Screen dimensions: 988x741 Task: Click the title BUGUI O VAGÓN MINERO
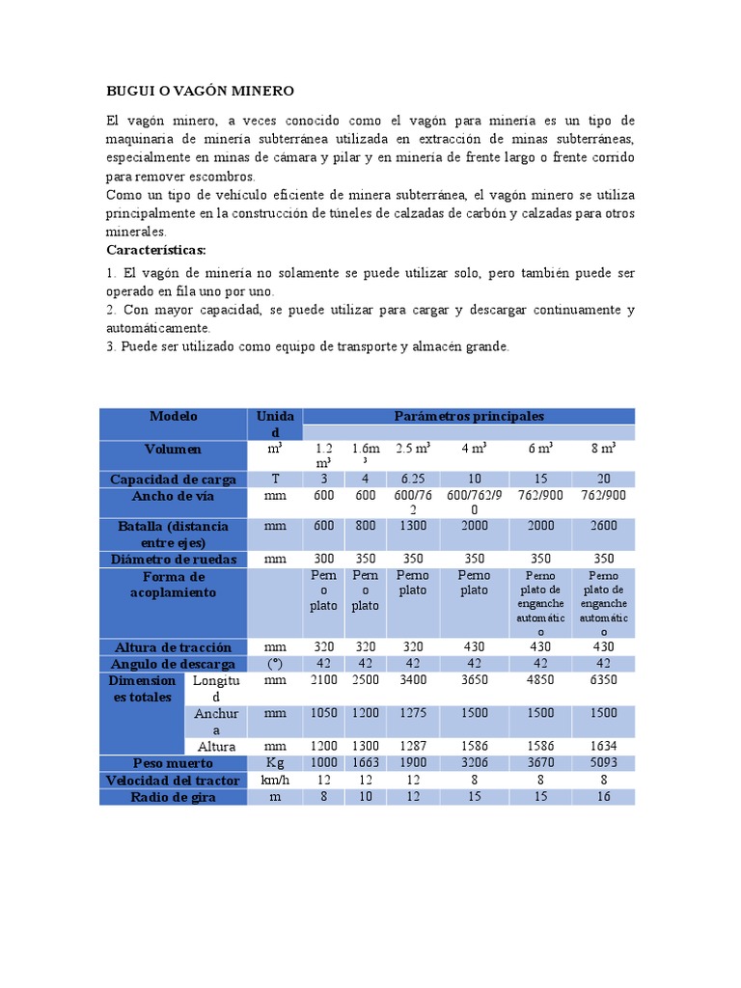(199, 91)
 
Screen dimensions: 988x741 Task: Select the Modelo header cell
(174, 417)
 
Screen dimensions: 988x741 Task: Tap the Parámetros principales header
(469, 417)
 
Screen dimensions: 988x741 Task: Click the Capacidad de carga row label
(174, 480)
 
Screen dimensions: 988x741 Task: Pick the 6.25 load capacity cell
(412, 480)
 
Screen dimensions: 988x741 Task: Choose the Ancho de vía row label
(174, 497)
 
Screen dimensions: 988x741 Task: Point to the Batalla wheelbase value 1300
(412, 527)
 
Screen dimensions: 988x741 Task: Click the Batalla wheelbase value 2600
(604, 527)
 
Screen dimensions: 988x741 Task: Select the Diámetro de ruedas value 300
(323, 559)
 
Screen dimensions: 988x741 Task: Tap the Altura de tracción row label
(174, 646)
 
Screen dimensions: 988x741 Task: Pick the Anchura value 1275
(412, 715)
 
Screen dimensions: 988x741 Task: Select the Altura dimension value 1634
(604, 747)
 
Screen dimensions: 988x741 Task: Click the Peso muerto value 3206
(474, 763)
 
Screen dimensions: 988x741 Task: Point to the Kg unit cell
(275, 763)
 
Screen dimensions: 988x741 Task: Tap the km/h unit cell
(275, 780)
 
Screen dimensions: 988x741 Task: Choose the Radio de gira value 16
(604, 797)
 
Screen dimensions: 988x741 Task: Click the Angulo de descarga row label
(174, 664)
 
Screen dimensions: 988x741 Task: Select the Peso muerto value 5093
(604, 763)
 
